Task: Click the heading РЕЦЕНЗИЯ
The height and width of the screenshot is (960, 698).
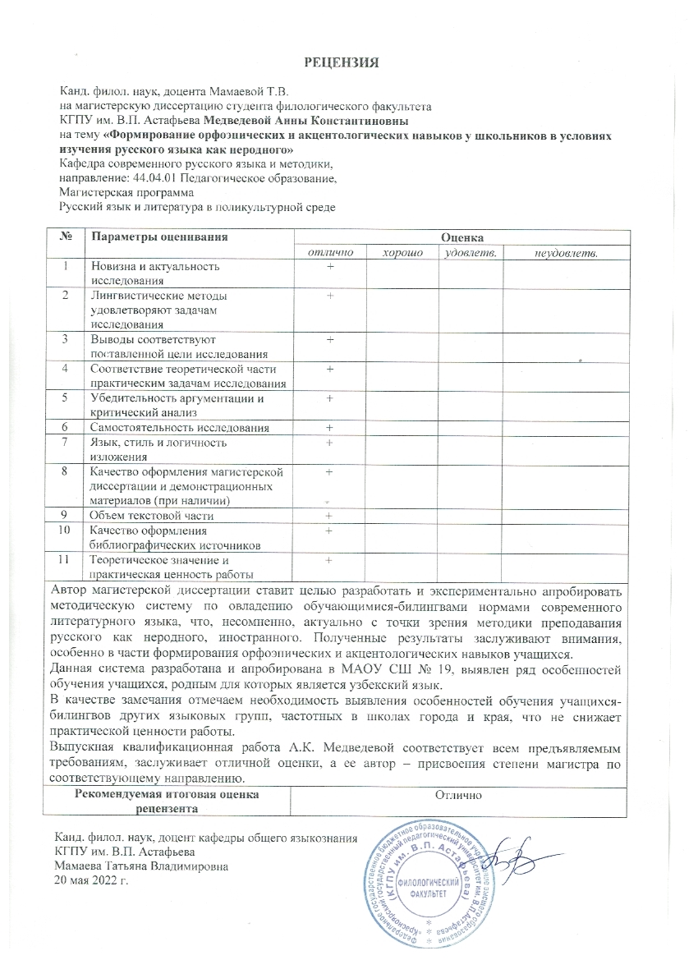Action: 348,62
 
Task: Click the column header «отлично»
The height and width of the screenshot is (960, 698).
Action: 329,253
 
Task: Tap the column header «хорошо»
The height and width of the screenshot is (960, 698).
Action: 402,253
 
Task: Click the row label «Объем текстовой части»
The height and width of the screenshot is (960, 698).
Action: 153,516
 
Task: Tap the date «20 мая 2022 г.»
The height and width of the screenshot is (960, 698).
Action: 91,880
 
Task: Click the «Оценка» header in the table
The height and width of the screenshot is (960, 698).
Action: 462,237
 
